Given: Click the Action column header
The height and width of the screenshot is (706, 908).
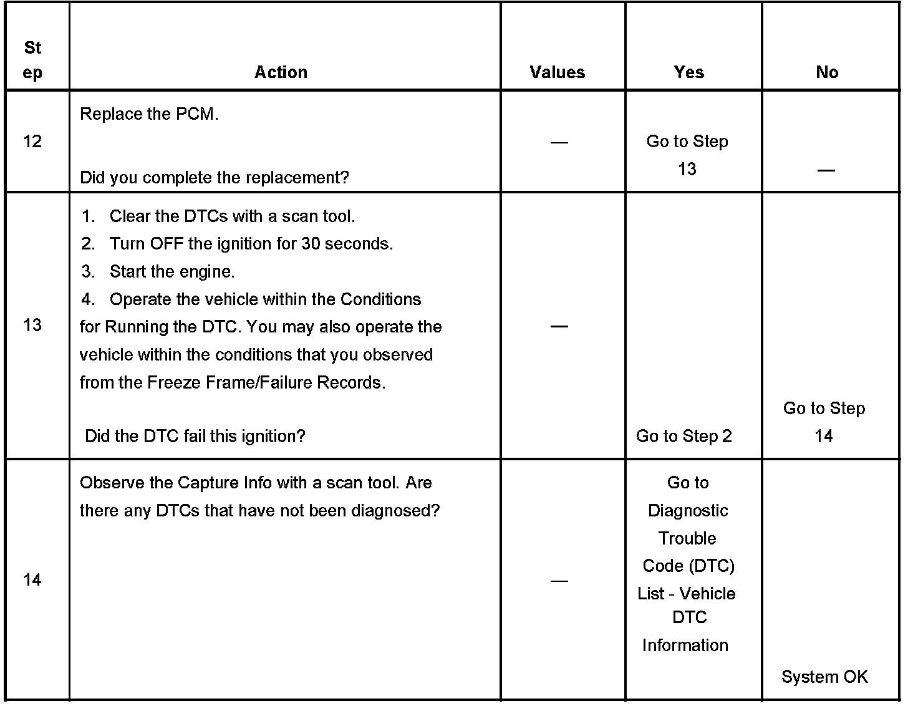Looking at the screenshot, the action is (x=281, y=72).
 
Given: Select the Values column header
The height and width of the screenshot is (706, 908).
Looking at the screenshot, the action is (x=557, y=72).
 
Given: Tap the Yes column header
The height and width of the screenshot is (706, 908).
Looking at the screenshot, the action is (x=688, y=72).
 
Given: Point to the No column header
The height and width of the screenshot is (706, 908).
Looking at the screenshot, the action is (x=827, y=72).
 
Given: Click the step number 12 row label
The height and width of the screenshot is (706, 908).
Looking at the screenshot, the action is (x=32, y=142).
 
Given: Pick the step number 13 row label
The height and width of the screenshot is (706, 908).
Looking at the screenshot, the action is (x=32, y=325).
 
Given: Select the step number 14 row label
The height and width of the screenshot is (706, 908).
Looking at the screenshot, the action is (x=32, y=580).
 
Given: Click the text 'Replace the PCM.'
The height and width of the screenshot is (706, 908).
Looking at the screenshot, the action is (x=149, y=115).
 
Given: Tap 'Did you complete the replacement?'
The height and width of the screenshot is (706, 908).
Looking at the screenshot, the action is (x=214, y=178).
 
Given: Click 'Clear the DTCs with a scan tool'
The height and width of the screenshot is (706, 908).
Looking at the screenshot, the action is (x=231, y=216).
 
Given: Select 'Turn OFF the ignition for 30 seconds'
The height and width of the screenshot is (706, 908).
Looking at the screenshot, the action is (x=251, y=244).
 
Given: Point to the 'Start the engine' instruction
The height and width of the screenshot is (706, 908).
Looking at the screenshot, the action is (x=171, y=272).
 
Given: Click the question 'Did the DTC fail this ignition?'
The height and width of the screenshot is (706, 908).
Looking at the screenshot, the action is (x=195, y=436).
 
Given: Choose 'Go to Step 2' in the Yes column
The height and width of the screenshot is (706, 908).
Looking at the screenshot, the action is (x=683, y=436).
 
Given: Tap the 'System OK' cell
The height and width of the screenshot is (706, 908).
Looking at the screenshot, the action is (x=824, y=677).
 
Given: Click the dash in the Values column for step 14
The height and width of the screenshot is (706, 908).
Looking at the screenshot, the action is (x=559, y=581).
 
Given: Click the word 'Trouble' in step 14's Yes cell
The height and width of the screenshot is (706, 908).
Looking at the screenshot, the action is (x=687, y=538).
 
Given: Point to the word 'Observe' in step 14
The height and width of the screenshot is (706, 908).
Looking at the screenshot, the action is (x=110, y=483).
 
